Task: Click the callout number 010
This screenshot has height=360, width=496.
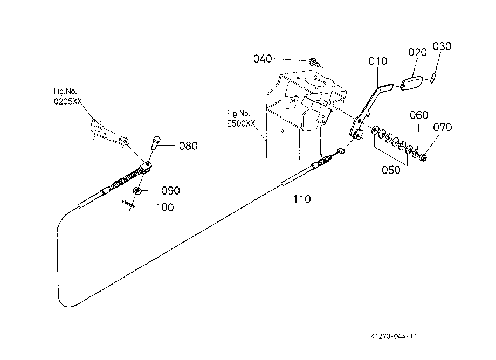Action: [378, 61]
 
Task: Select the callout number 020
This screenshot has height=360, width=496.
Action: [417, 52]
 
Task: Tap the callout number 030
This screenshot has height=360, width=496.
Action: [442, 46]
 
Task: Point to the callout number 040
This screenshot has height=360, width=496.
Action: [263, 58]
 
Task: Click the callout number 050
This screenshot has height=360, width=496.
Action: [391, 170]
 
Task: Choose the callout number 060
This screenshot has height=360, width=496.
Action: [419, 115]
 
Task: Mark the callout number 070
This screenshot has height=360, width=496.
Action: [442, 127]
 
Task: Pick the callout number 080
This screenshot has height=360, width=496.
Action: [188, 146]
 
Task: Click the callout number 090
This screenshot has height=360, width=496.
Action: [170, 191]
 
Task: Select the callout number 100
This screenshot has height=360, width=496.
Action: [165, 207]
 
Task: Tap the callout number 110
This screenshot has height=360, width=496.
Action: [302, 199]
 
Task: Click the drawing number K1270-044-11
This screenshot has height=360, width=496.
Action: [394, 336]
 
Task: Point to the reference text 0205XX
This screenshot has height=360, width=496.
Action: [68, 101]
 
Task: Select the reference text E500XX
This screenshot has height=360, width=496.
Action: [241, 123]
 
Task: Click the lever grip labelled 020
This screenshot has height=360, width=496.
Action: [411, 82]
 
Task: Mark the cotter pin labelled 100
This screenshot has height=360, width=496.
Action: [128, 203]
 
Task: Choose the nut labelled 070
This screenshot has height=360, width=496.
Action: [423, 156]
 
